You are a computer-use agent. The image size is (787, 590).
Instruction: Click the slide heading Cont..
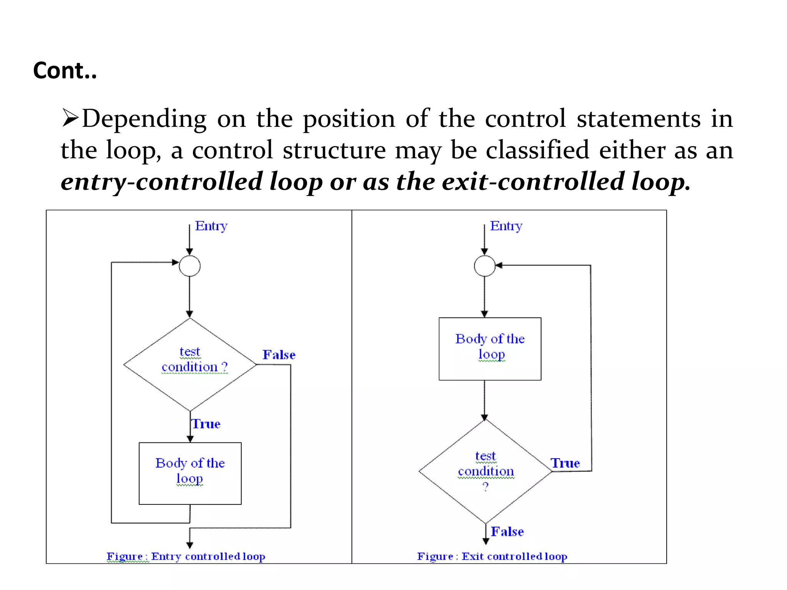pos(65,71)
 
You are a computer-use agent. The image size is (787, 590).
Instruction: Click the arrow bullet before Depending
pos(70,118)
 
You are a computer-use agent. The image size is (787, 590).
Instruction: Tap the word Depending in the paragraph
pos(144,119)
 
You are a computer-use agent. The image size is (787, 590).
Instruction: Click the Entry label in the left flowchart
pos(211,226)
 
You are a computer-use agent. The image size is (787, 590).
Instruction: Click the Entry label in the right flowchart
pos(506,226)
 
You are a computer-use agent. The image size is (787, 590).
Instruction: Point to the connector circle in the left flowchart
pos(190,266)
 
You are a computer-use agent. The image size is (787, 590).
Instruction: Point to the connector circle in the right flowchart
pos(485,266)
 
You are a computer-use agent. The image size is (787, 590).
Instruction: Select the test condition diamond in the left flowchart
pos(190,365)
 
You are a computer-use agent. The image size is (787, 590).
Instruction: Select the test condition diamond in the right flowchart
pos(485,471)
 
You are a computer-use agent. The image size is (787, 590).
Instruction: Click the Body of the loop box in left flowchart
pos(190,473)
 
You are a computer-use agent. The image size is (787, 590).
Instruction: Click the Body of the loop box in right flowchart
pos(490,349)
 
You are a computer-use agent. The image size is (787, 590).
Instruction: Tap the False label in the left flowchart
pos(279,355)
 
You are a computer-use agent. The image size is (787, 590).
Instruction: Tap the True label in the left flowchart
pos(206,424)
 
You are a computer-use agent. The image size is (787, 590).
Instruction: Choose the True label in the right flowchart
pos(565,463)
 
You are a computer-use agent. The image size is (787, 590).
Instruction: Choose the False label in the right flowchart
pos(507,532)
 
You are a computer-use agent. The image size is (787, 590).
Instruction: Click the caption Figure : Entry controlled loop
pos(186,556)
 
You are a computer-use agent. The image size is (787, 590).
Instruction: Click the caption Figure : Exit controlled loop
pos(492,556)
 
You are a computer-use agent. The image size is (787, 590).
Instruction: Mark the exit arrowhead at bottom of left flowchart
pos(190,545)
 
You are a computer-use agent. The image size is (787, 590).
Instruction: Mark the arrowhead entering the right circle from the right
pos(499,265)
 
